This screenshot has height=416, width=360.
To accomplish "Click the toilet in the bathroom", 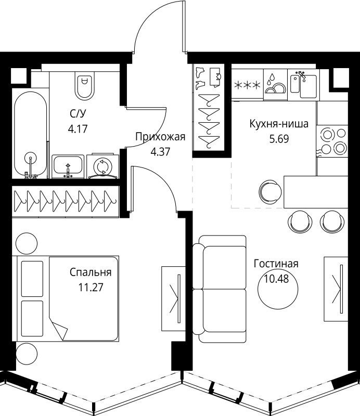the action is point(85,85).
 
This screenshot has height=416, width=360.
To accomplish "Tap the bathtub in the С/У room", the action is point(31,134).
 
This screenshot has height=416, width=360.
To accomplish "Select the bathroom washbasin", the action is point(68,166).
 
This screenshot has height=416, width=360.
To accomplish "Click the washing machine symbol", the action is point(102,166).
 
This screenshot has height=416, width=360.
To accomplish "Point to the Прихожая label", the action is point(160,137).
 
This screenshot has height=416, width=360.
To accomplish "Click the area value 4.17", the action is point(78,129).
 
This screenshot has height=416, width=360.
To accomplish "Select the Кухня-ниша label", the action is point(279,124).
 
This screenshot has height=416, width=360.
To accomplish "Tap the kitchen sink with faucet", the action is point(303,85).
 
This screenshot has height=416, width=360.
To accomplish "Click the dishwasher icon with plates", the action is point(275,85).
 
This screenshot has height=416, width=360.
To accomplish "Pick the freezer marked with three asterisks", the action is point(248,85).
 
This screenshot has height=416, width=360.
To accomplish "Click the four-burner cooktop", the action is point(332,141).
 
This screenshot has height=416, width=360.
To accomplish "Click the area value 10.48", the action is point(276,279).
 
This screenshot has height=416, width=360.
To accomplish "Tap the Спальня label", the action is point(91,272).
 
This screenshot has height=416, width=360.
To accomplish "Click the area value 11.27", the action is point(91,287).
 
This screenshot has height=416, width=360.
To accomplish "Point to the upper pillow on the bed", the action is point(32,279).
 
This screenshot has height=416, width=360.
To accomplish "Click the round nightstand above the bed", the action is point(27,243).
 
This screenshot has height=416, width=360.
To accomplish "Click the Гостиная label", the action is point(276,264).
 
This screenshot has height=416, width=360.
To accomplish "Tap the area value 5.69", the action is point(279,139).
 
